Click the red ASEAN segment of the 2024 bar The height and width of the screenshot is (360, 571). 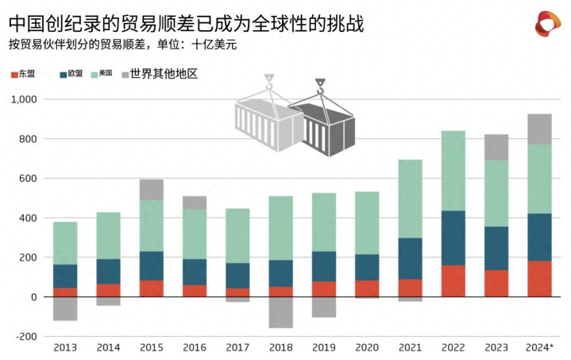pos(540,278)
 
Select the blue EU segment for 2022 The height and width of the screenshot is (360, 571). pos(453,238)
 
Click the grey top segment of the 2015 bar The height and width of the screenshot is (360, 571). pos(152,189)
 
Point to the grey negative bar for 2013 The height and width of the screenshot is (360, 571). pos(65,308)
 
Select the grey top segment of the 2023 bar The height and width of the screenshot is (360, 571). pos(496,147)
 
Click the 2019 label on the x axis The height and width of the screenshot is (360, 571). pos(324,348)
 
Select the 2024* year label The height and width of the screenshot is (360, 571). pos(540,348)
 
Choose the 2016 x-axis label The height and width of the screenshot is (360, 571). pos(195,348)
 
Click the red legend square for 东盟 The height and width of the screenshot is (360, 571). pos(14,75)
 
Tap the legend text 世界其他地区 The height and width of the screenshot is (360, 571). pos(163,74)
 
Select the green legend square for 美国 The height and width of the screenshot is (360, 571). pos(95,75)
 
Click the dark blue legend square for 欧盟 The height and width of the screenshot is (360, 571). pos(62,75)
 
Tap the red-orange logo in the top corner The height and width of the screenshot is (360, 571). pos(549,25)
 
